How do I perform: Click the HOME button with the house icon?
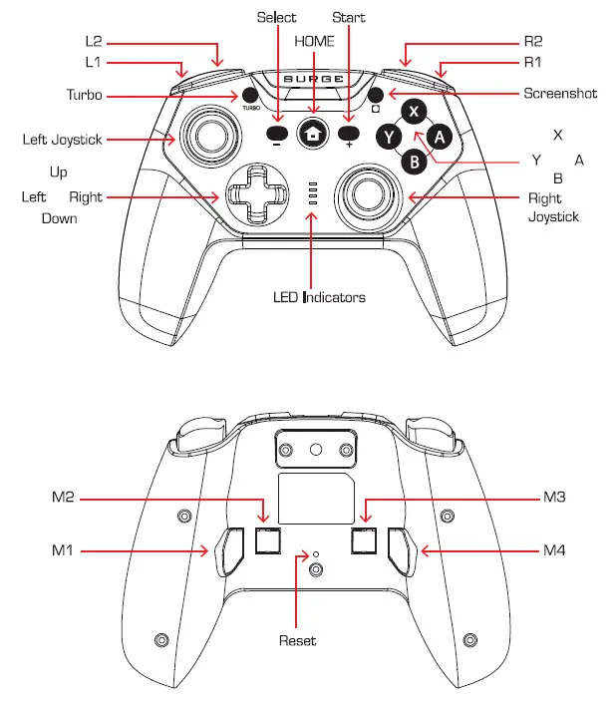pyautogui.click(x=314, y=132)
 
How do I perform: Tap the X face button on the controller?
pyautogui.click(x=415, y=112)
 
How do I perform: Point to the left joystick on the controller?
pyautogui.click(x=208, y=134)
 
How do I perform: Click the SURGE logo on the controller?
pyautogui.click(x=314, y=79)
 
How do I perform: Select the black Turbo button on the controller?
pyautogui.click(x=249, y=96)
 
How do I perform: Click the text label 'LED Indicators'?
pyautogui.click(x=319, y=297)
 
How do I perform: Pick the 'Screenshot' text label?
pyautogui.click(x=560, y=94)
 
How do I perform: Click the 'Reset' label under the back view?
pyautogui.click(x=297, y=640)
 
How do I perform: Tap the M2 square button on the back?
pyautogui.click(x=265, y=540)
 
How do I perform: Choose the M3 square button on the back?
pyautogui.click(x=364, y=540)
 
